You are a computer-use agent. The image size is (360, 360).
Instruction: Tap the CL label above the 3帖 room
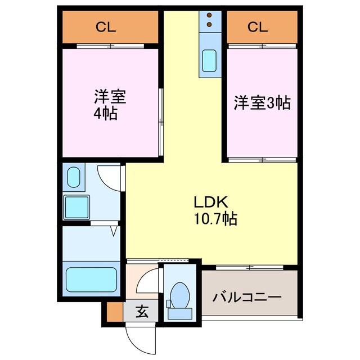click(255, 27)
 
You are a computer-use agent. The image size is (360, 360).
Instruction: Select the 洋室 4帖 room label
click(109, 105)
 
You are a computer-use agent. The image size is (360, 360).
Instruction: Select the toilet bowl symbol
click(180, 292)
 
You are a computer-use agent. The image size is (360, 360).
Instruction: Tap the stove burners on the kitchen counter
click(209, 20)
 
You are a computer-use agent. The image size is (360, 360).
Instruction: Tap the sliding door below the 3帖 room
click(262, 160)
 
